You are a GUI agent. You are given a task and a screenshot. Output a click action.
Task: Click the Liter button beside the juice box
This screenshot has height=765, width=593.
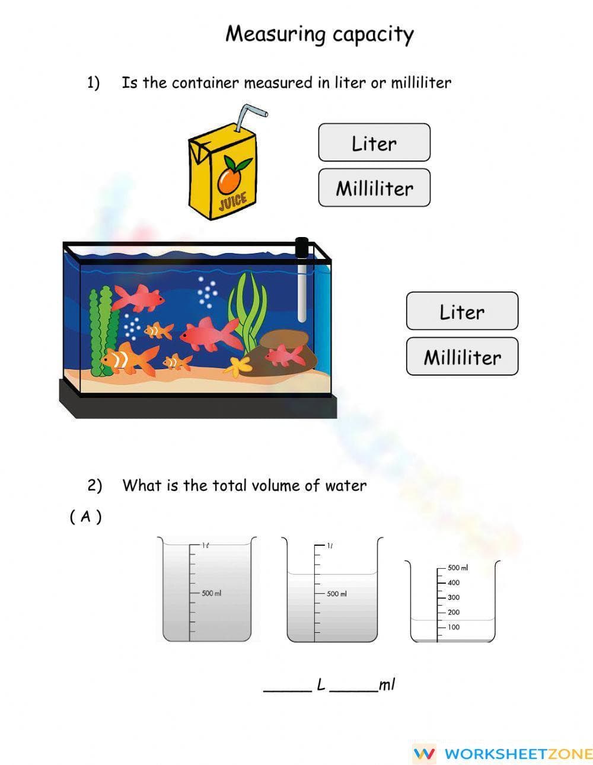374,143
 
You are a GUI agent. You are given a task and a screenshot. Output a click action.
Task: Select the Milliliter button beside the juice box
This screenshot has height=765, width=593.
374,188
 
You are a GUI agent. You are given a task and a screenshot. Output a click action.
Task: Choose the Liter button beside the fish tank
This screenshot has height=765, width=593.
461,311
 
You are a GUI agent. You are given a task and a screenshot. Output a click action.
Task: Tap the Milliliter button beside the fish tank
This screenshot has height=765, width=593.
461,357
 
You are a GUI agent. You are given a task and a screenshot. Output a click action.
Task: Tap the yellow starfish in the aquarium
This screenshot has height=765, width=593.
237,366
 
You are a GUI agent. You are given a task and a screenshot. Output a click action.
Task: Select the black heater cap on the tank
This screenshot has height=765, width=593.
302,248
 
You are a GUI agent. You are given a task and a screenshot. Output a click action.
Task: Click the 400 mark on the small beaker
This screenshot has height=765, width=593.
453,582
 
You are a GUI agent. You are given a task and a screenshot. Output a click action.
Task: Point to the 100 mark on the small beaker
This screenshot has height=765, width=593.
453,627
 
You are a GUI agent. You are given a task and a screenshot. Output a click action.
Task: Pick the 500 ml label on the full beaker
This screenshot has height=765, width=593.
211,593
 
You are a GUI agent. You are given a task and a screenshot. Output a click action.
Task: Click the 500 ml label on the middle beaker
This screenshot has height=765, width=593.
336,594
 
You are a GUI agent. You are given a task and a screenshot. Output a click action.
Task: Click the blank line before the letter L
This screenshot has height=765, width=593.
287,689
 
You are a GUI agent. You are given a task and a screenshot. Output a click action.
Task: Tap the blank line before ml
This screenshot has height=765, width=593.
353,689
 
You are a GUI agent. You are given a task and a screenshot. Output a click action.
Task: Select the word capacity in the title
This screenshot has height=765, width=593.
372,34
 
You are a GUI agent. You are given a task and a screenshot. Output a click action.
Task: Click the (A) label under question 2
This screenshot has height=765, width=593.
85,517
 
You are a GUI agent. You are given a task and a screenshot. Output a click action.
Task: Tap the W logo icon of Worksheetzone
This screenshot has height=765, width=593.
424,753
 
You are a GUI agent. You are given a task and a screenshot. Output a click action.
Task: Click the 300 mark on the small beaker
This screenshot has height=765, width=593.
453,597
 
